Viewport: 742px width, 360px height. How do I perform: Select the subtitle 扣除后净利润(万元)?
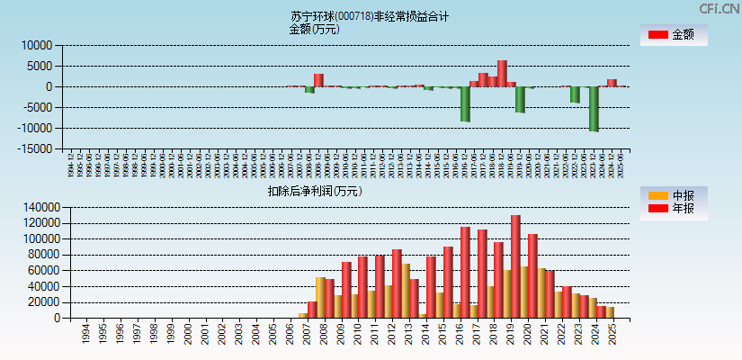pyautogui.click(x=315, y=191)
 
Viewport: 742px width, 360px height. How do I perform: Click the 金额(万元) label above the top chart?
pyautogui.click(x=314, y=29)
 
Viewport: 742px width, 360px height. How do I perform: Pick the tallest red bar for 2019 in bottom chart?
pyautogui.click(x=515, y=266)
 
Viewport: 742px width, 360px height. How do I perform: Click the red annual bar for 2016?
pyautogui.click(x=464, y=272)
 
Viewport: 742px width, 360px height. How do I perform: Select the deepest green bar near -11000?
pyautogui.click(x=594, y=109)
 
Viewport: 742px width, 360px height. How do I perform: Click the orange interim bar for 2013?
pyautogui.click(x=406, y=291)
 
